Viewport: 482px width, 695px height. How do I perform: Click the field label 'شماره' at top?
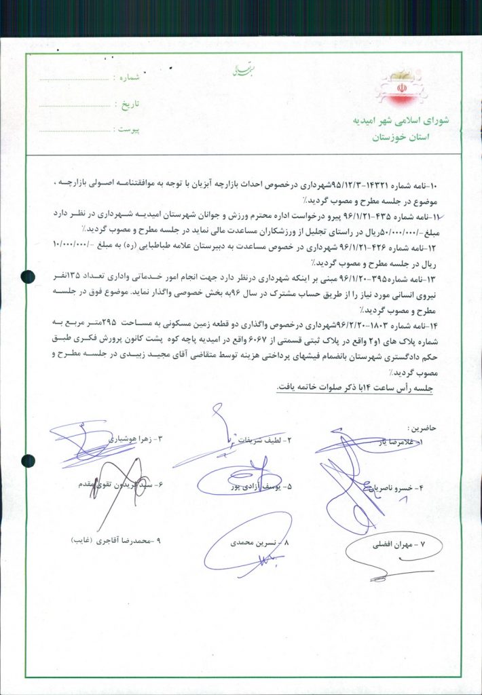pos(128,79)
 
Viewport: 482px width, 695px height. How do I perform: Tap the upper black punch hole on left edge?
pos(28,276)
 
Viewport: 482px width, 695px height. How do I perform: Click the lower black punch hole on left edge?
pos(28,462)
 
